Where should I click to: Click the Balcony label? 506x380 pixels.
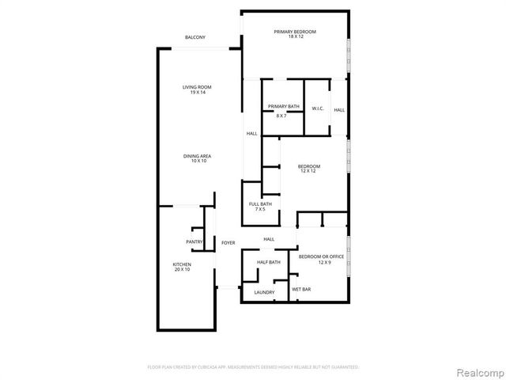195,37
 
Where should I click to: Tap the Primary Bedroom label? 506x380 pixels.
295,32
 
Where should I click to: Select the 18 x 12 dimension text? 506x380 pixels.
295,37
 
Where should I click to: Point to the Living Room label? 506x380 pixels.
197,87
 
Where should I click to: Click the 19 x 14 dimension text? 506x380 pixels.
197,93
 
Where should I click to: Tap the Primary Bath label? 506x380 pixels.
283,106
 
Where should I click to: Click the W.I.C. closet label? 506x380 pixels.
317,108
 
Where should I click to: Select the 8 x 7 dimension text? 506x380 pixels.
281,116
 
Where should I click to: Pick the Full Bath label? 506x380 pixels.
260,204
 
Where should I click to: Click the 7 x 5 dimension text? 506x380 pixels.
260,210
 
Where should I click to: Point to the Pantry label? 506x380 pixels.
194,242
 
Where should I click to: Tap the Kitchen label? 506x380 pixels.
182,264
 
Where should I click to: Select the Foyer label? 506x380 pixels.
228,242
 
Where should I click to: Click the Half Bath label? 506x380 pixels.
269,262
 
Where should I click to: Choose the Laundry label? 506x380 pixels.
264,292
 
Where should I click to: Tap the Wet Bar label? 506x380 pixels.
302,290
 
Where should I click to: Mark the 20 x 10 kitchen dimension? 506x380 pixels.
182,270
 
